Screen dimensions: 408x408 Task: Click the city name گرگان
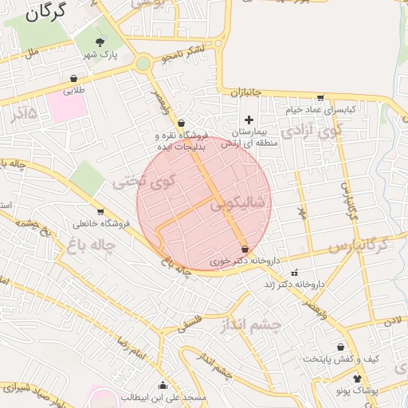tap(52, 14)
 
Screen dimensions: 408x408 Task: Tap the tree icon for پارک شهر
tap(100, 42)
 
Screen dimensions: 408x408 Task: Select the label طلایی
tap(73, 91)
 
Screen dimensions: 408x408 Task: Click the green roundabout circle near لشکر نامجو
tap(143, 63)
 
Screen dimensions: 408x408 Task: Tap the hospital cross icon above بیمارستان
tap(249, 119)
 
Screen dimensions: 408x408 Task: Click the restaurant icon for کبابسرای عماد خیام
tap(320, 96)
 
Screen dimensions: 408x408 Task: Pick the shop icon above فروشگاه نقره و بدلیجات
tap(182, 123)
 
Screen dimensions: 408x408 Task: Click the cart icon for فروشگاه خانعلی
tap(100, 212)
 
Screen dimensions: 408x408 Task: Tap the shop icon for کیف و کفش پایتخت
tap(341, 347)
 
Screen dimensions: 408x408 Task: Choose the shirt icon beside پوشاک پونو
tap(356, 379)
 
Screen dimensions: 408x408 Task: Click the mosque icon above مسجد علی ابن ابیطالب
tap(163, 385)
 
